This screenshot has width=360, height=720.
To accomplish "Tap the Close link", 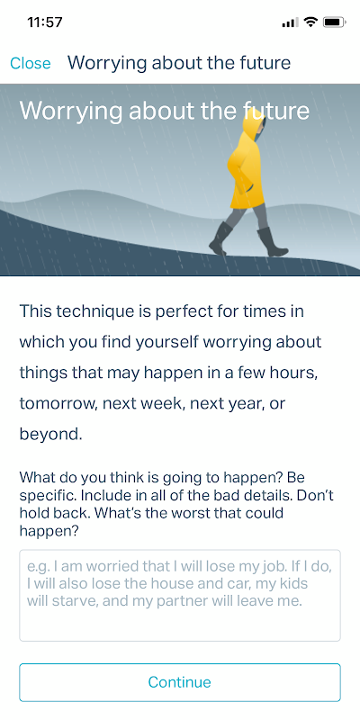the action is pos(31,63).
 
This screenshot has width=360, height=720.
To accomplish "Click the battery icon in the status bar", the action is pos(334,22).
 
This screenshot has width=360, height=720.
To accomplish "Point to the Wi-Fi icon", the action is pos(311,22).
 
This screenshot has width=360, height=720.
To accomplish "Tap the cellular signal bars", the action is pos(290,22).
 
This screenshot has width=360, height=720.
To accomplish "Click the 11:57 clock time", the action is pos(45,22).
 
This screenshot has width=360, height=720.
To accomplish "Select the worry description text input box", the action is pos(180,595).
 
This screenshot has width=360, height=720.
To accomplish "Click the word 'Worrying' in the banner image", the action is pos(71,112).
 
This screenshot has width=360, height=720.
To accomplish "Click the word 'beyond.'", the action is pos(50,435).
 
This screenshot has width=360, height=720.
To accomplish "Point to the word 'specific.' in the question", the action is pos(46,497).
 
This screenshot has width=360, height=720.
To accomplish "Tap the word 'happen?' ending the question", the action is pos(49,531).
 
